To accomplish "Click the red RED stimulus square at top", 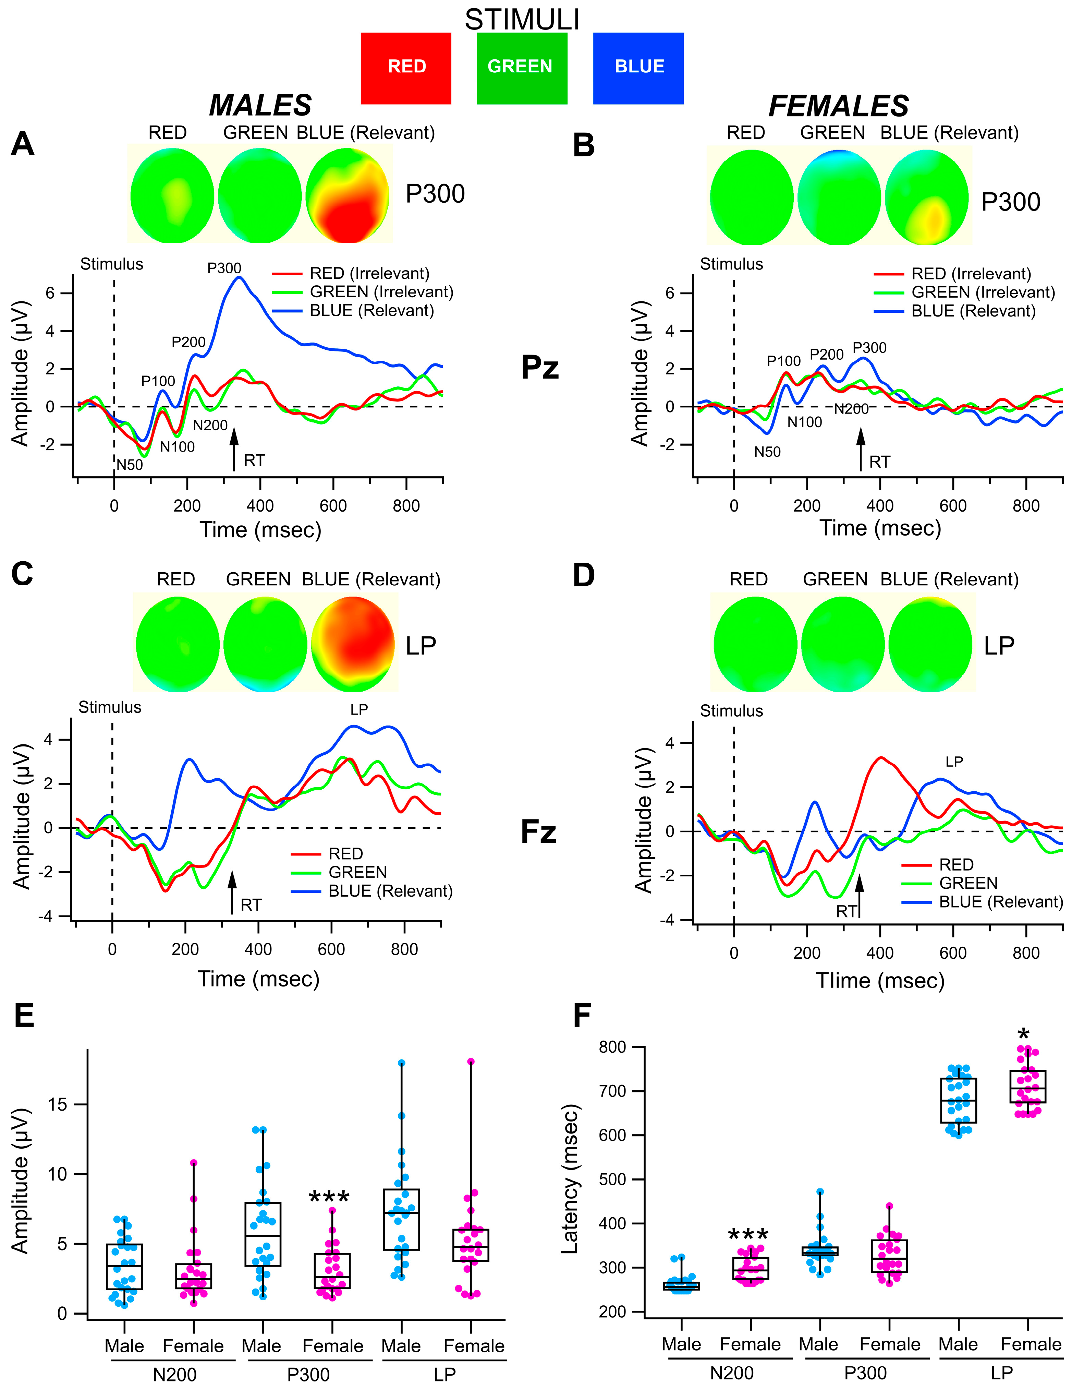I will (406, 68).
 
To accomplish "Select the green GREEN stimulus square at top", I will (521, 68).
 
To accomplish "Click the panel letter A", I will (23, 144).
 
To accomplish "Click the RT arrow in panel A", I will (234, 448).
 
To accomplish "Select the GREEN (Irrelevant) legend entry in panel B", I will (982, 292).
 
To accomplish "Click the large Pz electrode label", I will (540, 368).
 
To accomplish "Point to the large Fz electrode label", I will (538, 832).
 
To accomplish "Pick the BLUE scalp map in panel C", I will (353, 644).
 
